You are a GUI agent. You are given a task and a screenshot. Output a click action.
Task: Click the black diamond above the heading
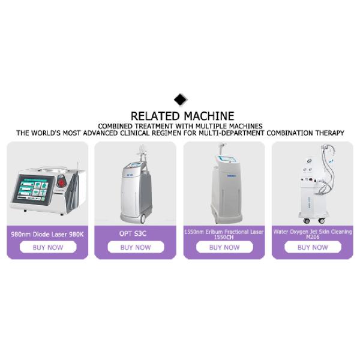180,100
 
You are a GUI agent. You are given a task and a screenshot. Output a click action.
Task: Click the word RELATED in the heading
154,115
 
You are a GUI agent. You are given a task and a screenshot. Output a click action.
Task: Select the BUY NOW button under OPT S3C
135,247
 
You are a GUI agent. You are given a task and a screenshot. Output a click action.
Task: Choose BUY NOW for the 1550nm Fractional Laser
224,247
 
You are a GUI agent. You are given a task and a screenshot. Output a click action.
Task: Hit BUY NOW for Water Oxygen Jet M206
312,247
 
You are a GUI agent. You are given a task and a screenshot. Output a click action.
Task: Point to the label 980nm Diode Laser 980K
47,232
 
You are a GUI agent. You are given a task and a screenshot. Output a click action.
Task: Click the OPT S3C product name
135,232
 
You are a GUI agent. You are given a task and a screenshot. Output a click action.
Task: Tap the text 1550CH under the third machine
224,237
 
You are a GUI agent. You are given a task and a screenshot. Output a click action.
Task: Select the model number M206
312,237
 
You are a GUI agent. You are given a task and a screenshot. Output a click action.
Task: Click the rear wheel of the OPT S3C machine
146,217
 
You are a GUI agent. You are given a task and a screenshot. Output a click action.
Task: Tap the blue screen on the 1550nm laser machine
226,160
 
